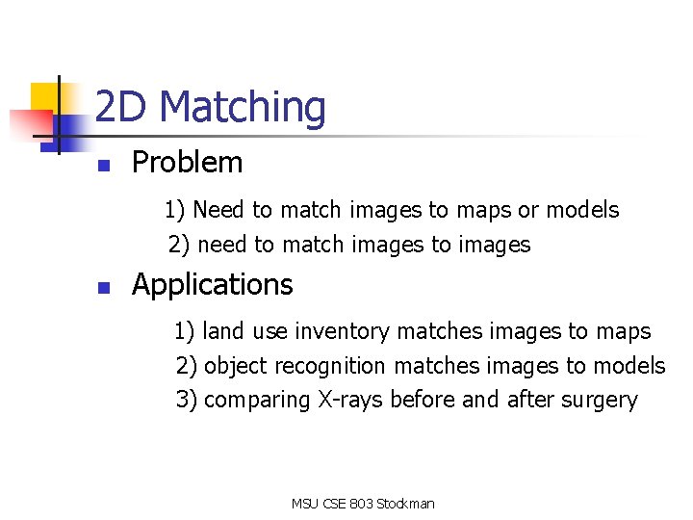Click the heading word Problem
coord(187,163)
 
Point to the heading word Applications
coord(212,285)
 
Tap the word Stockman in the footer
coord(405,504)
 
